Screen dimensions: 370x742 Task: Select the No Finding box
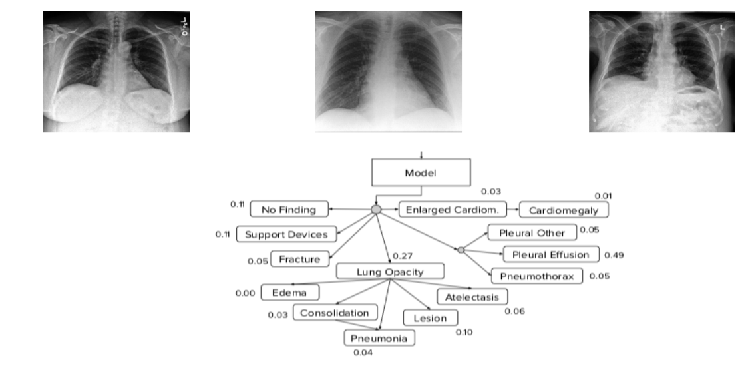(289, 210)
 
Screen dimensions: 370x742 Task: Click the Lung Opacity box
(389, 272)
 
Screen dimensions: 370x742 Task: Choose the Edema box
(290, 293)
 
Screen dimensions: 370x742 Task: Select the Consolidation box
(335, 313)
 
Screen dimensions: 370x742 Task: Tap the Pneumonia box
(379, 339)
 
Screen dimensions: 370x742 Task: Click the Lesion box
(430, 318)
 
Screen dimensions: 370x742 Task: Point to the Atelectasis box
(472, 297)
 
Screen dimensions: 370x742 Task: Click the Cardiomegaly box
(564, 210)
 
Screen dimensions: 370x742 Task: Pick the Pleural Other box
(532, 233)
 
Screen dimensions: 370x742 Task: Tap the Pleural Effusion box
(551, 254)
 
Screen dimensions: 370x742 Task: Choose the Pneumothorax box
(537, 276)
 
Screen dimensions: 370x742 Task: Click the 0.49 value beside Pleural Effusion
(614, 255)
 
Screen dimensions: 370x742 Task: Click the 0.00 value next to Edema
(245, 293)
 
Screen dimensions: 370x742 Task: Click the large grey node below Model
(376, 210)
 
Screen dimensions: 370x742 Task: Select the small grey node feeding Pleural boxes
(461, 250)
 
